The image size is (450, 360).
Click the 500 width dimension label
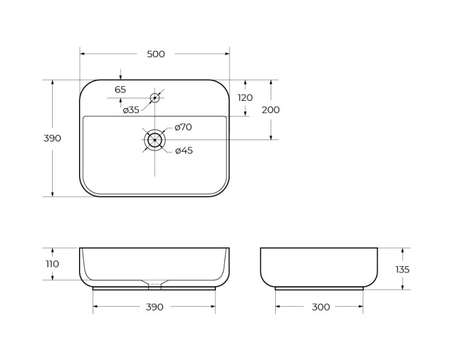pyautogui.click(x=156, y=54)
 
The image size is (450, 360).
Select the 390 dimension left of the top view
pyautogui.click(x=52, y=138)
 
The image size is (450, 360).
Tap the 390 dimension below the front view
pyautogui.click(x=154, y=307)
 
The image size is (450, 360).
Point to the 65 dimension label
pyautogui.click(x=120, y=90)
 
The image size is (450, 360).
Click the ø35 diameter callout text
pyautogui.click(x=131, y=110)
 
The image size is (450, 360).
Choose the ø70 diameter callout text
pyautogui.click(x=183, y=127)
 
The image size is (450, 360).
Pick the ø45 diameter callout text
pyautogui.click(x=184, y=150)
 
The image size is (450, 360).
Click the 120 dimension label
pyautogui.click(x=245, y=98)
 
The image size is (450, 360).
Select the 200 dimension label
pyautogui.click(x=271, y=110)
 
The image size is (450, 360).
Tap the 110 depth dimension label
pyautogui.click(x=52, y=264)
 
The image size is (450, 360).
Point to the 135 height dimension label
pyautogui.click(x=402, y=269)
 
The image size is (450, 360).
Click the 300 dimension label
pyautogui.click(x=320, y=307)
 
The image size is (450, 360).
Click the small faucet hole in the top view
pyautogui.click(x=154, y=98)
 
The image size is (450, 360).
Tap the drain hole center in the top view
pyautogui.click(x=154, y=139)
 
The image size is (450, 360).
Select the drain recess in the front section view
pyautogui.click(x=154, y=282)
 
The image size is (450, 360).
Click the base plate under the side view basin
pyautogui.click(x=319, y=288)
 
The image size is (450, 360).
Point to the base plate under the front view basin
pyautogui.click(x=154, y=289)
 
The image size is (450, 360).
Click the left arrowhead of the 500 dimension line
pyautogui.click(x=83, y=54)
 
